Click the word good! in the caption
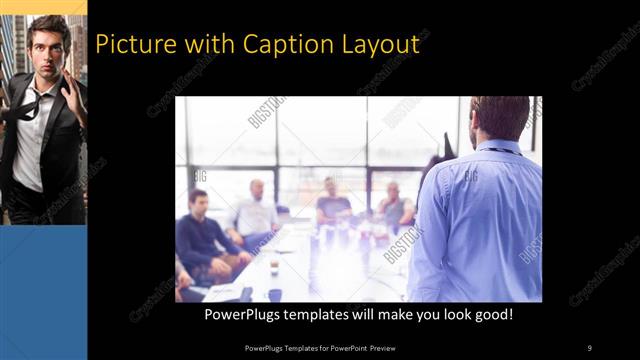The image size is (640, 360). [491, 314]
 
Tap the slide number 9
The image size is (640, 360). [590, 347]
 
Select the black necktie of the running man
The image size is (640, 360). [30, 104]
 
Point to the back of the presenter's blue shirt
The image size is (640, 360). [480, 220]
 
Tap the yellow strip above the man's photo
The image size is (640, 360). [43, 7]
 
